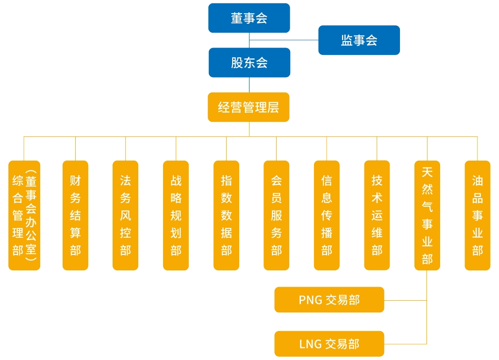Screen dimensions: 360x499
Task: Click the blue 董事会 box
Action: [x=249, y=18]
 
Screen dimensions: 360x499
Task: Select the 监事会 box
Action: [x=359, y=40]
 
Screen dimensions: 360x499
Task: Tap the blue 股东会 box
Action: [x=249, y=63]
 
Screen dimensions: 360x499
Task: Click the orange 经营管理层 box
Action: [x=249, y=107]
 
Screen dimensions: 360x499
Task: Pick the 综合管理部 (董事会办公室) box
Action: [x=24, y=215]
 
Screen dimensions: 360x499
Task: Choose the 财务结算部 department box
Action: [x=75, y=215]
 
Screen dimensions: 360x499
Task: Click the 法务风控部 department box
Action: [x=125, y=215]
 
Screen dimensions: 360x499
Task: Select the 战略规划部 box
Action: [x=176, y=215]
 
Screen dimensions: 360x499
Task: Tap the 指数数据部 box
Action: [x=226, y=215]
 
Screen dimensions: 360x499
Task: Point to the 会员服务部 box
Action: [x=276, y=215]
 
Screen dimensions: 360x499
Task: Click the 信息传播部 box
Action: [x=327, y=215]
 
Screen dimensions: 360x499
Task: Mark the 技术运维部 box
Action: [x=377, y=215]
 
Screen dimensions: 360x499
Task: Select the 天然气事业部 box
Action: [x=427, y=215]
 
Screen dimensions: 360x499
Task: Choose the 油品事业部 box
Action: [x=477, y=215]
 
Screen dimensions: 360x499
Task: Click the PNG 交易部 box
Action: [x=329, y=300]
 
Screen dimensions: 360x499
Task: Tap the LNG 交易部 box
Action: [x=329, y=344]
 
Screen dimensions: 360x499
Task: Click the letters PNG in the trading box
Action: [x=310, y=300]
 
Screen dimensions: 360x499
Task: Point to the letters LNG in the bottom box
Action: [x=310, y=344]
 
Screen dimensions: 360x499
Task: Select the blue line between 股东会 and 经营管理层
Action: [x=249, y=85]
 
